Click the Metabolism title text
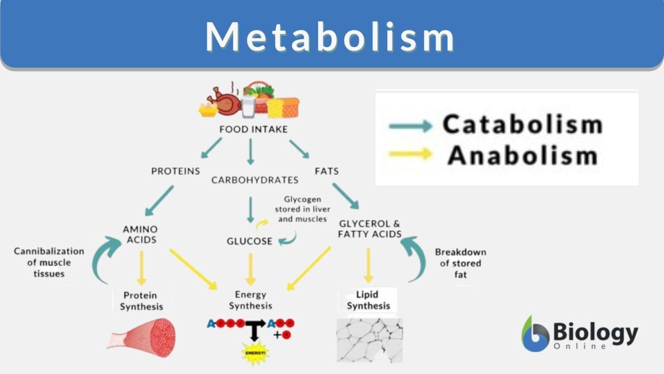click(x=330, y=36)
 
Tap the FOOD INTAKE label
click(x=253, y=129)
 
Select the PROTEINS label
click(x=176, y=171)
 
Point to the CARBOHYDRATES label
click(x=255, y=180)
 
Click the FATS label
click(x=327, y=171)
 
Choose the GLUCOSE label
click(x=249, y=241)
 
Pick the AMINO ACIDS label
click(x=140, y=234)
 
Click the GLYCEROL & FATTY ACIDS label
click(x=370, y=229)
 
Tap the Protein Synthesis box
click(x=141, y=301)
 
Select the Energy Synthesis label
click(x=250, y=300)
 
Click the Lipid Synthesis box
click(x=368, y=300)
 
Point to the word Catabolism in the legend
click(x=522, y=125)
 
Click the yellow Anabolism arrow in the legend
click(x=410, y=154)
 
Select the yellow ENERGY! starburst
click(x=255, y=353)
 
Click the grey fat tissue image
click(x=370, y=340)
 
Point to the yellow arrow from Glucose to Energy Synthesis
click(x=251, y=269)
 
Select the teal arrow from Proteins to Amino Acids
click(x=159, y=200)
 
